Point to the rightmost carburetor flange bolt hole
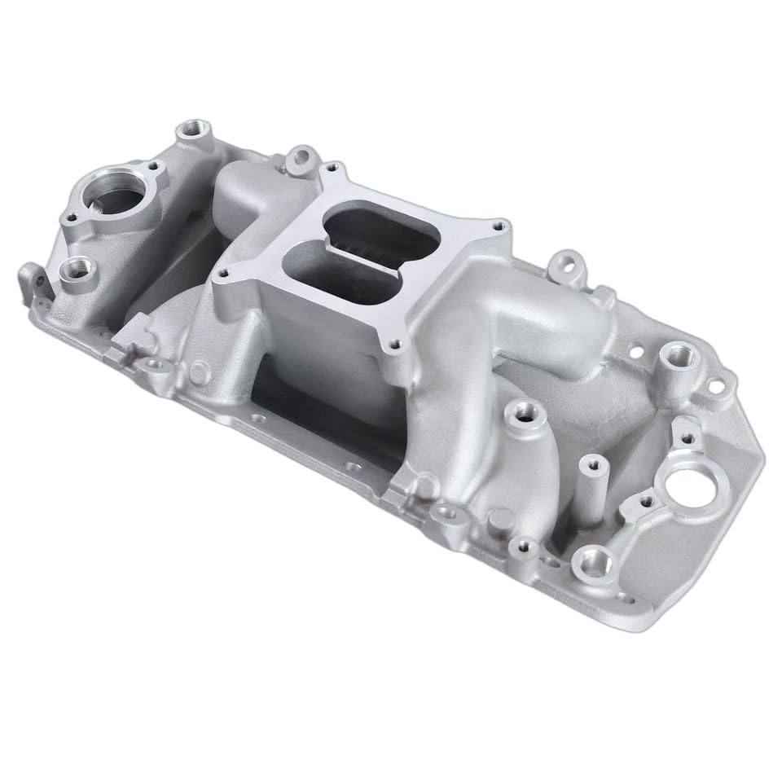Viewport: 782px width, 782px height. point(498,227)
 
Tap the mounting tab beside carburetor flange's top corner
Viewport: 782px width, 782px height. point(301,155)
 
